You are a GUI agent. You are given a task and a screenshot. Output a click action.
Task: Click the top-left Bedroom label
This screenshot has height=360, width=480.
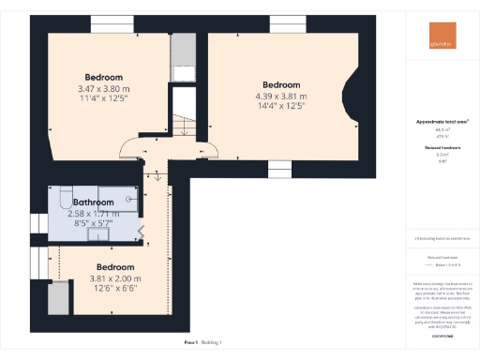click(104, 77)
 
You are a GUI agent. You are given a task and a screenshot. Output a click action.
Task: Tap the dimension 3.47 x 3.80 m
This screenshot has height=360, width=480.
click(104, 88)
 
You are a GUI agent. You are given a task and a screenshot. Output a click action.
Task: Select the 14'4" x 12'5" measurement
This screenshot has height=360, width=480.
click(280, 105)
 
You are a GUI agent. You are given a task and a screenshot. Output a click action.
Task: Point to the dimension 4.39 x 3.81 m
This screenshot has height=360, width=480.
click(280, 95)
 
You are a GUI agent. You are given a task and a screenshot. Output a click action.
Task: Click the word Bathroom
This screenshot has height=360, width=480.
click(94, 202)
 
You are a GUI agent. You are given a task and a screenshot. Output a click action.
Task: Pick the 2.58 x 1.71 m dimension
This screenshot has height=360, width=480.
click(95, 214)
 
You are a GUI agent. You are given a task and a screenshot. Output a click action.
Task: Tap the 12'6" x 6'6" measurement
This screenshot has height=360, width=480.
click(117, 289)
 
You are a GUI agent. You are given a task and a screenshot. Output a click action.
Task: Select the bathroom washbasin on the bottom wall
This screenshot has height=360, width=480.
click(97, 235)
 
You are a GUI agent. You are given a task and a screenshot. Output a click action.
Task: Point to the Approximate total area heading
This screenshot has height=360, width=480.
click(442, 122)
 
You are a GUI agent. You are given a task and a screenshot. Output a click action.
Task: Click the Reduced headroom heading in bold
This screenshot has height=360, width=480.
click(442, 148)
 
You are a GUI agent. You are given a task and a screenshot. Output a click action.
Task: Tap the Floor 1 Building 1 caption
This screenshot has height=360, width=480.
click(209, 343)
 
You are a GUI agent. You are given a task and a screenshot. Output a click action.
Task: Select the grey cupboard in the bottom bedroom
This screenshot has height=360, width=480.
click(57, 297)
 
